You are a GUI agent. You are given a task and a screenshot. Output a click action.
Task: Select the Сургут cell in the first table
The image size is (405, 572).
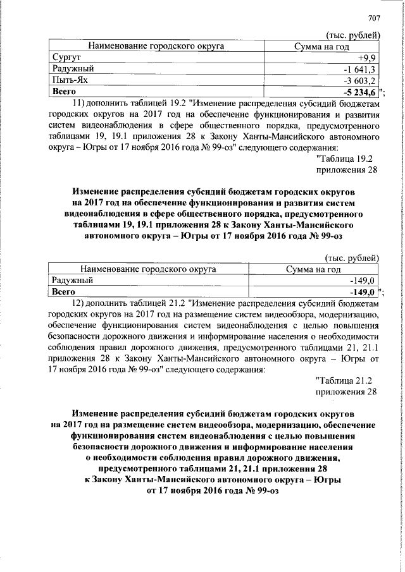tap(66, 58)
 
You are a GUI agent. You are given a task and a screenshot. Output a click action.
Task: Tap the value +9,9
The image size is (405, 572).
tap(368, 58)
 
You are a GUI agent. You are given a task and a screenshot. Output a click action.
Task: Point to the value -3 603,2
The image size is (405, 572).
tap(360, 80)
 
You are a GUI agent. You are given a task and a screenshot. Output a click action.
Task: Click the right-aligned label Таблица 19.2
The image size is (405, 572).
tap(347, 159)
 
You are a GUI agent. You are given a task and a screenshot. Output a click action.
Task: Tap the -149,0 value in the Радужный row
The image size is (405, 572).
tap(364, 280)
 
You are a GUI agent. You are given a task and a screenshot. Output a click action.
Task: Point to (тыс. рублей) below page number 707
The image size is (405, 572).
tap(351, 34)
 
